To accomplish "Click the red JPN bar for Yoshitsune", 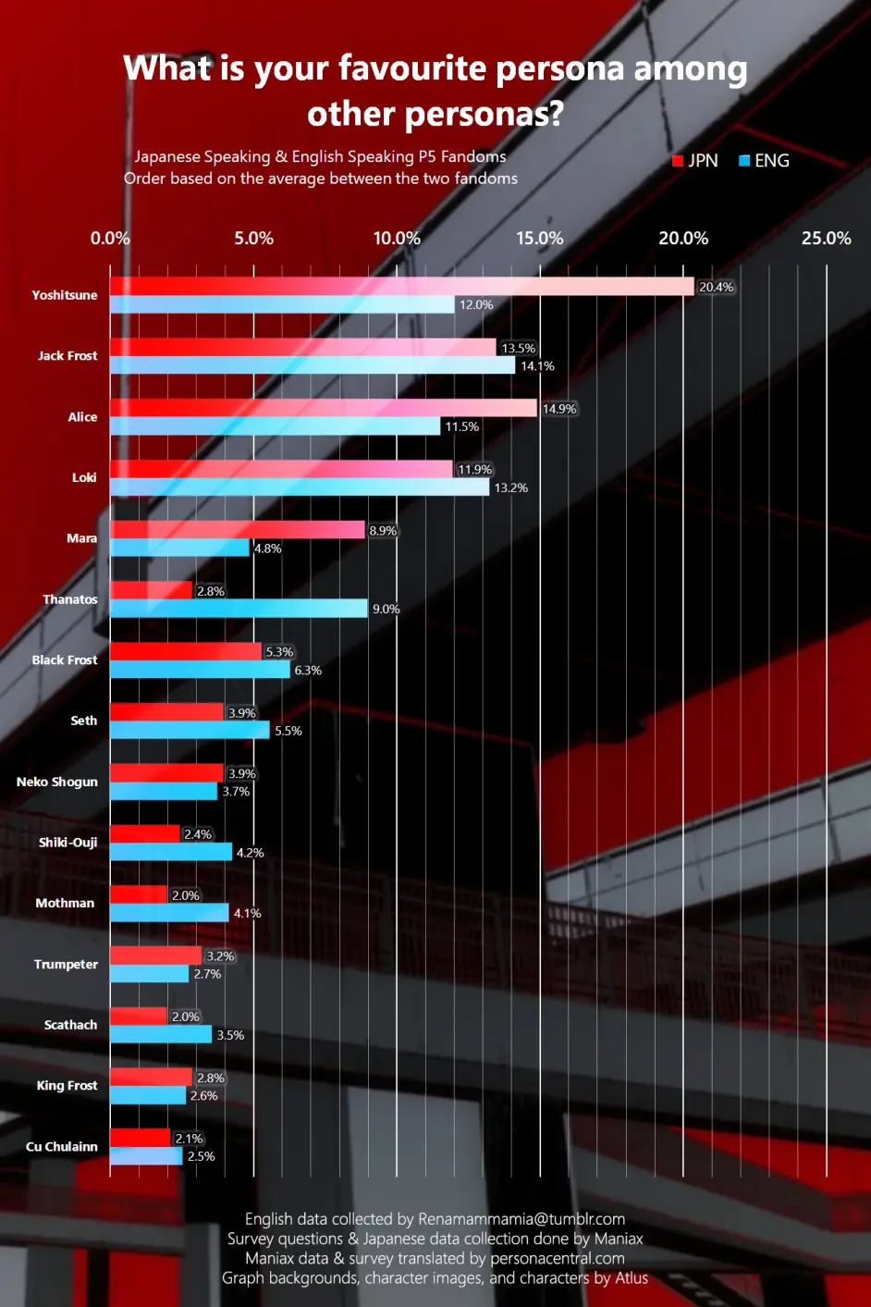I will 401,287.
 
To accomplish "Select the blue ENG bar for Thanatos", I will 239,609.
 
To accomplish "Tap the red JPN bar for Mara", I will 237,530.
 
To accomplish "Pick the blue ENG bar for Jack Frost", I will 313,365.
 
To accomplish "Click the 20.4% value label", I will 716,288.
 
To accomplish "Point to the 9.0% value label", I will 386,610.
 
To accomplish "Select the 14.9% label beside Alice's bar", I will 559,409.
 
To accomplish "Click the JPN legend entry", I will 695,161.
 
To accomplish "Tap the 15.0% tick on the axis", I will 540,239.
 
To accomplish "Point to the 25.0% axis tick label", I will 826,239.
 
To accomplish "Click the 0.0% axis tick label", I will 110,239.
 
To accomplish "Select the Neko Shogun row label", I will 57,782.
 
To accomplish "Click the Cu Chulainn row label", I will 62,1147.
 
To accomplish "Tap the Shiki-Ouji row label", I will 67,843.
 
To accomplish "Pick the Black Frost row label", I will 65,660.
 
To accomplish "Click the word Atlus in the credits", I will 632,1278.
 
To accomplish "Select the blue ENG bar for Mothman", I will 169,913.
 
